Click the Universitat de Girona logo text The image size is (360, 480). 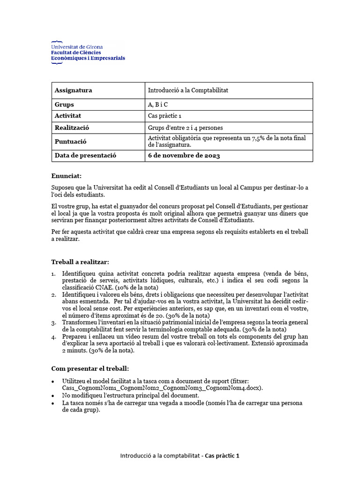pyautogui.click(x=77, y=47)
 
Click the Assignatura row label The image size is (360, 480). pyautogui.click(x=74, y=90)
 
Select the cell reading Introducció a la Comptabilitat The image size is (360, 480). pyautogui.click(x=188, y=90)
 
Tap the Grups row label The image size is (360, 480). pyautogui.click(x=65, y=105)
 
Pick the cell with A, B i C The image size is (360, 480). pyautogui.click(x=158, y=105)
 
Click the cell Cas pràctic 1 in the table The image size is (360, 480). pyautogui.click(x=165, y=116)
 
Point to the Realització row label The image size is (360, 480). pyautogui.click(x=72, y=127)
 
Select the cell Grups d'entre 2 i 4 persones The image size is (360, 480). pyautogui.click(x=185, y=127)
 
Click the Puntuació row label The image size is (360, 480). pyautogui.click(x=71, y=141)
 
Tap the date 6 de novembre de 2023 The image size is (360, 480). pyautogui.click(x=184, y=155)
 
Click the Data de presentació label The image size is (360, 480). pyautogui.click(x=85, y=155)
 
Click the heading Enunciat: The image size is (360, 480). pyautogui.click(x=66, y=176)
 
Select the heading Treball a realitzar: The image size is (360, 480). pyautogui.click(x=80, y=262)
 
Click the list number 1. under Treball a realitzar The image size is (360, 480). pyautogui.click(x=54, y=274)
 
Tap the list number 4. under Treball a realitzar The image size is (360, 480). pyautogui.click(x=54, y=337)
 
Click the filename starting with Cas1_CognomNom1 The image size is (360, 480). pyautogui.click(x=162, y=388)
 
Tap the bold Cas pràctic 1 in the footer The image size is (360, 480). pyautogui.click(x=222, y=456)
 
